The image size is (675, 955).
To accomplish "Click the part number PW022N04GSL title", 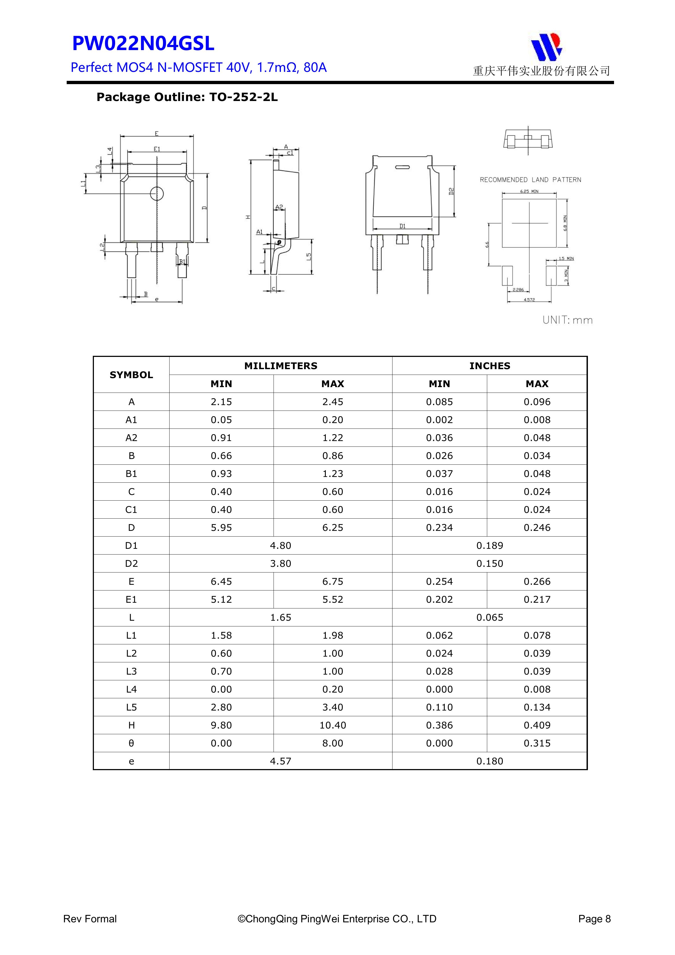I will (x=143, y=44).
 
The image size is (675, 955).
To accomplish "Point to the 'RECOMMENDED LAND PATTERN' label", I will (x=530, y=180).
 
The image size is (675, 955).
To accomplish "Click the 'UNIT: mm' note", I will (x=567, y=320).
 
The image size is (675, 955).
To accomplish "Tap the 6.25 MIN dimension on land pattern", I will (x=529, y=191).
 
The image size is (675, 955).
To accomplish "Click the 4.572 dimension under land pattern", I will (x=529, y=299).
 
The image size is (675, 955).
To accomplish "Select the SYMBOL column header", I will (x=131, y=375).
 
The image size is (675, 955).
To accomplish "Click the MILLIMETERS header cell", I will (x=281, y=366).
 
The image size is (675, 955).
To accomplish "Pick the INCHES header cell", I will (x=489, y=366).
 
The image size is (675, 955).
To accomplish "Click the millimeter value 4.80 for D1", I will (x=281, y=546).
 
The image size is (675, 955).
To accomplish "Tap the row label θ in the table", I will (x=131, y=743).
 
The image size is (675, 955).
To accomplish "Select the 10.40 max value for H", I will (x=333, y=726).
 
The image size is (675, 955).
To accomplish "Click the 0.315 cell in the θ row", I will (x=537, y=743).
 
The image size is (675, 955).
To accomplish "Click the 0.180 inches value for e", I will (x=489, y=761).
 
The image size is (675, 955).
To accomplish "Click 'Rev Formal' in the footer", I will (x=90, y=919).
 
